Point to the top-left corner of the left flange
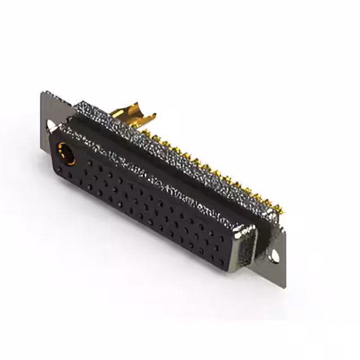pyautogui.click(x=43, y=91)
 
